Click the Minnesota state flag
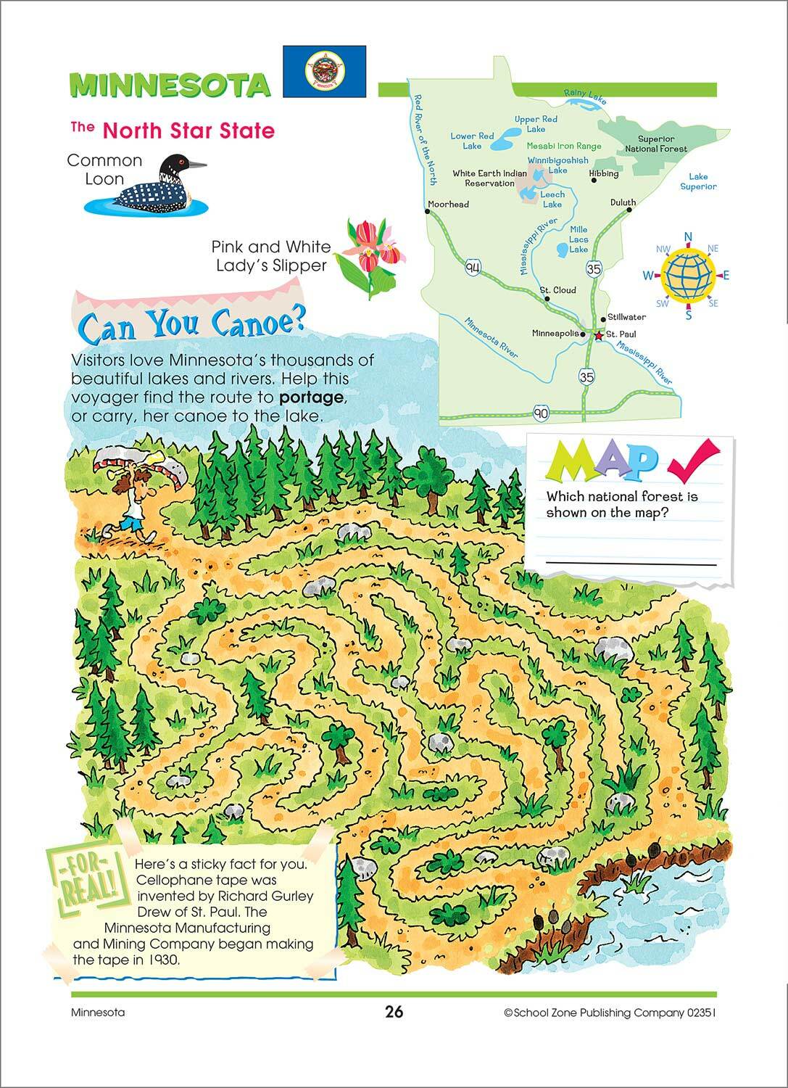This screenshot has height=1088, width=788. [324, 71]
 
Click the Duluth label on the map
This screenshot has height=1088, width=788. [623, 202]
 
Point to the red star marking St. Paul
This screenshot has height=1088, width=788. [598, 336]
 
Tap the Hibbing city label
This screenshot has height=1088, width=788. [604, 173]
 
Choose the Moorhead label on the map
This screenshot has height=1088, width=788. [448, 204]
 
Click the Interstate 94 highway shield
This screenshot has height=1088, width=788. [473, 268]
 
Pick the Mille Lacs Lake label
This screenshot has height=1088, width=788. [578, 239]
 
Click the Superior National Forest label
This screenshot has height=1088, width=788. [656, 144]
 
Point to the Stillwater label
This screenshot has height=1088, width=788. [626, 317]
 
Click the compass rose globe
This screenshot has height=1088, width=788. [687, 275]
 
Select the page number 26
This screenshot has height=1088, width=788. [394, 1012]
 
